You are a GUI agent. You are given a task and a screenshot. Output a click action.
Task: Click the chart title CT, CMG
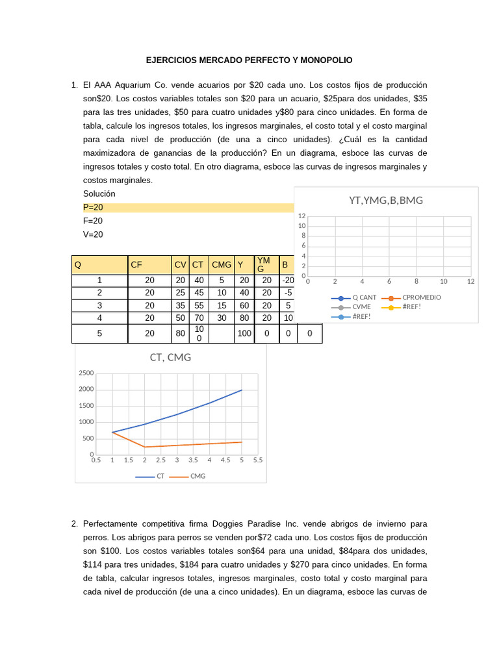[170, 357]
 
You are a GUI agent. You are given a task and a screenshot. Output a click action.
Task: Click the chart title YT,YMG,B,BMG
[386, 200]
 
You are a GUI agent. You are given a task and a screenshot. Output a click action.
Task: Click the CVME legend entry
[361, 307]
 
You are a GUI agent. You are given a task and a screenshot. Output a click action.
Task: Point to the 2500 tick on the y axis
[86, 373]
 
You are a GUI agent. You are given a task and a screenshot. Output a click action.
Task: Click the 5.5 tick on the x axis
[257, 460]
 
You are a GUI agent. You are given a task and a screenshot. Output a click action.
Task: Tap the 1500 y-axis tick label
[86, 406]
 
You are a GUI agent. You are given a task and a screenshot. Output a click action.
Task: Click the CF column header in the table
[136, 265]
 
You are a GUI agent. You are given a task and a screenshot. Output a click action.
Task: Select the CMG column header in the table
[222, 265]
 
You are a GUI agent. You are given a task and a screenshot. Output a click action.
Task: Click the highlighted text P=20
[93, 207]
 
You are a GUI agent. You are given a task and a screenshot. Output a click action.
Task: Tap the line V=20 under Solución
[93, 234]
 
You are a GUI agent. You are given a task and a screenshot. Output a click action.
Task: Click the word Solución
[99, 194]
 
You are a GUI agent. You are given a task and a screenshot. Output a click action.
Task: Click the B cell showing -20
[287, 280]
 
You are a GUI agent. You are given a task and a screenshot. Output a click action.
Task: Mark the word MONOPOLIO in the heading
[327, 60]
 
